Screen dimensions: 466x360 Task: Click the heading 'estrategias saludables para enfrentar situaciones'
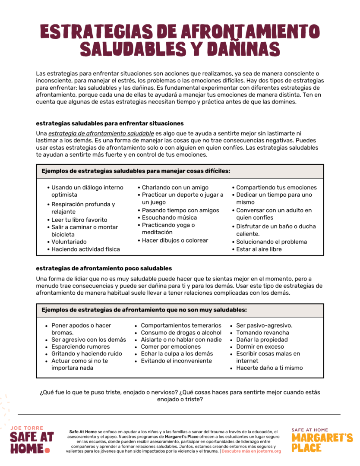click(x=110, y=123)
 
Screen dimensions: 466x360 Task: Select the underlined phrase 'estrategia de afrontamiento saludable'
click(x=101, y=134)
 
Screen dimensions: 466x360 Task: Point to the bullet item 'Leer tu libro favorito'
click(x=79, y=220)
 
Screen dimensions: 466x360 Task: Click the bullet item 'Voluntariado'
click(x=69, y=242)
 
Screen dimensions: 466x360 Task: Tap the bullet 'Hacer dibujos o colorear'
click(x=175, y=240)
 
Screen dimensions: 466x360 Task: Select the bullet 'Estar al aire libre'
click(x=259, y=249)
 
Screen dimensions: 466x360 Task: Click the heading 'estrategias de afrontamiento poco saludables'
click(x=104, y=268)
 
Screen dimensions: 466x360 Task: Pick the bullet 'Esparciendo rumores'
click(x=81, y=346)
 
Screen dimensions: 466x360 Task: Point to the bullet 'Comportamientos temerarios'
click(x=181, y=325)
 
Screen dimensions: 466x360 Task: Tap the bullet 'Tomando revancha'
click(x=262, y=333)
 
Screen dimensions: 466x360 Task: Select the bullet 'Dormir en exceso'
click(x=260, y=346)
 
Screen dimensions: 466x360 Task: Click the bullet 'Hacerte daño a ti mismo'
click(x=269, y=368)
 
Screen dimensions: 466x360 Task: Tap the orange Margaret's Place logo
click(x=322, y=441)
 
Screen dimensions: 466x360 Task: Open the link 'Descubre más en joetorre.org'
click(x=251, y=451)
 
